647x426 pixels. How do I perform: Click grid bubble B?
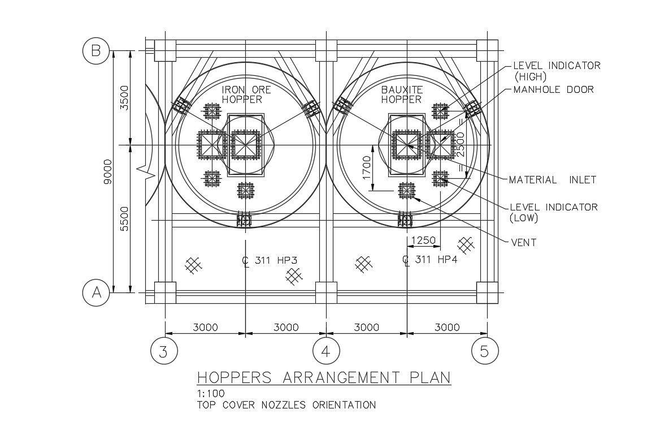click(x=96, y=51)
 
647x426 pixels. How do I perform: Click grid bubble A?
click(x=96, y=293)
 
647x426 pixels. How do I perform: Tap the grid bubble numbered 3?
click(x=163, y=351)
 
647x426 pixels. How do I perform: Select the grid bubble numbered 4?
click(x=325, y=351)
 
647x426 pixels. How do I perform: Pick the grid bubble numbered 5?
click(x=484, y=351)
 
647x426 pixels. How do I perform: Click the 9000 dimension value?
click(x=109, y=171)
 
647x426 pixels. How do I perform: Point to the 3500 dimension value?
click(x=125, y=98)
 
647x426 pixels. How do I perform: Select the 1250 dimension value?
click(x=423, y=240)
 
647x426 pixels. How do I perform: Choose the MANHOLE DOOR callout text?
click(x=553, y=89)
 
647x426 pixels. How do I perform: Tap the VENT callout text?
click(x=523, y=243)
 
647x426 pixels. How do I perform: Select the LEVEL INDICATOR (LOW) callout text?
click(x=553, y=212)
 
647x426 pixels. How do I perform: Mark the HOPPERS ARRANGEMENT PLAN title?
click(x=323, y=377)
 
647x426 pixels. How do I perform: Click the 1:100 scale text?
click(x=211, y=394)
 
